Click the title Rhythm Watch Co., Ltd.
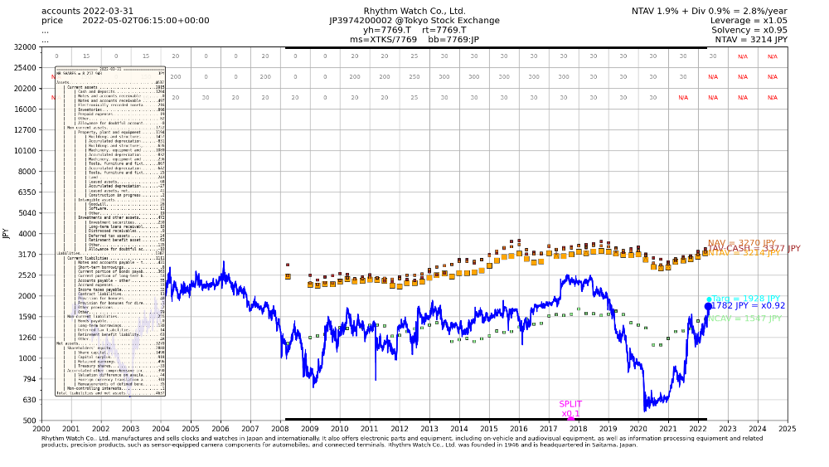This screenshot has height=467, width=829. (414, 11)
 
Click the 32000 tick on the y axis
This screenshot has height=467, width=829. (25, 47)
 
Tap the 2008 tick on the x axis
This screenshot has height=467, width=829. (280, 429)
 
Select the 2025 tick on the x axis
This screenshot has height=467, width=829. (788, 429)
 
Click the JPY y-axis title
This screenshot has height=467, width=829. (7, 234)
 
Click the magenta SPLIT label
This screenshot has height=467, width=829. (570, 405)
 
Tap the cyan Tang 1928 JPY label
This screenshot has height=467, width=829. (746, 299)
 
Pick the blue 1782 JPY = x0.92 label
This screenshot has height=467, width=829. (749, 306)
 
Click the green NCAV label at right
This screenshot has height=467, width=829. (744, 319)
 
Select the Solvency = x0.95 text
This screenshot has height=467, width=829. (749, 30)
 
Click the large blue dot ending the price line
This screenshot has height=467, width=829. (708, 306)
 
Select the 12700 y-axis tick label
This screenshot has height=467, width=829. (25, 130)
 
